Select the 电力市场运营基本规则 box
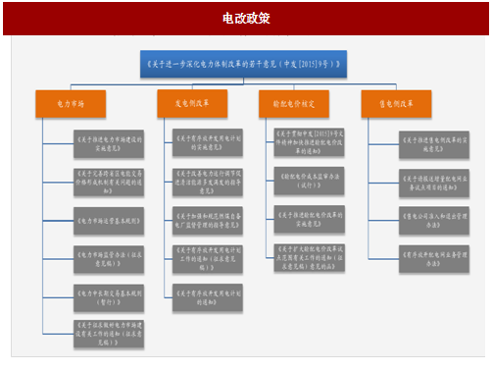107,220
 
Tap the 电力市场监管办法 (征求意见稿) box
107,257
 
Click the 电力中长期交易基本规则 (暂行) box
107,294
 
